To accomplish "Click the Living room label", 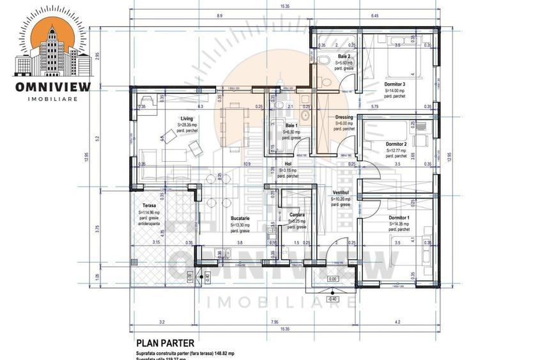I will click(x=187, y=118).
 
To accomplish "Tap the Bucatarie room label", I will click(x=240, y=219).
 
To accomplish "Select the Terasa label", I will click(x=150, y=206).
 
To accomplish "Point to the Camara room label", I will click(x=296, y=215).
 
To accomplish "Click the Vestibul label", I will click(x=340, y=192).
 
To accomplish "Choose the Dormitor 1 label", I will click(x=399, y=218).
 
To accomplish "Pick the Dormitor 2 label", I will click(x=396, y=145).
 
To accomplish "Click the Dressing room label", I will click(x=344, y=118).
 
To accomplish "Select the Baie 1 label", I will click(x=291, y=125).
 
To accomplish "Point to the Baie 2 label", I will click(x=344, y=57).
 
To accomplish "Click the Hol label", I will click(x=288, y=164).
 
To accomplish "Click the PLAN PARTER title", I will click(x=165, y=343).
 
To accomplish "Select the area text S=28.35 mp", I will click(x=187, y=126).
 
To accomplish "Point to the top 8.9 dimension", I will click(x=219, y=15).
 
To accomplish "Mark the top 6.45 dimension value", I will click(x=374, y=15).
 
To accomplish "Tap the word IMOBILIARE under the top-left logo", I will click(x=53, y=98).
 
